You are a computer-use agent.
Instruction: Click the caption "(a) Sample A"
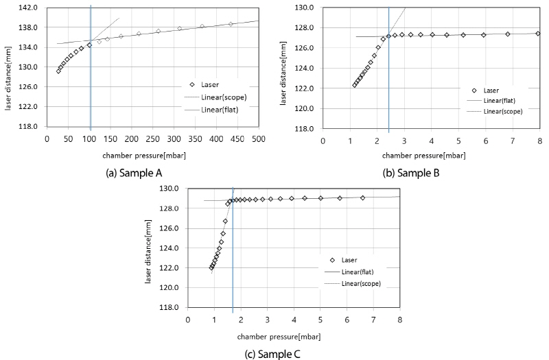[129, 173]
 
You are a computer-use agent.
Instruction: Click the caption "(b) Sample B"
[411, 173]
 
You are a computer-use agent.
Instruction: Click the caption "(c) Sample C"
[272, 355]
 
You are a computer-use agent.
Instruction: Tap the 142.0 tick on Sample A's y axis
[30, 8]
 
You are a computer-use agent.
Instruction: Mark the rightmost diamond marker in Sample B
[538, 34]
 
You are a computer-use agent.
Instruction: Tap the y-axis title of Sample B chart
[283, 69]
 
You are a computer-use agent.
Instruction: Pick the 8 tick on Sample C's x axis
[399, 319]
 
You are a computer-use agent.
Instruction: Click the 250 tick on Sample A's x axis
[152, 139]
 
